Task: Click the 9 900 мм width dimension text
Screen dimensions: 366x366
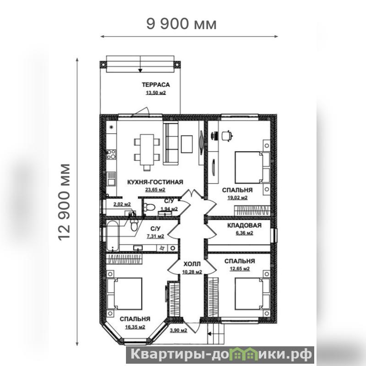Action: tap(181, 24)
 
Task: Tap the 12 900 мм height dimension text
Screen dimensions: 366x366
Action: tap(64, 202)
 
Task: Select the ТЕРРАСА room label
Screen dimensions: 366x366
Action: tap(156, 85)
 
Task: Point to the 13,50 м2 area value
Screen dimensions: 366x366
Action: tap(156, 93)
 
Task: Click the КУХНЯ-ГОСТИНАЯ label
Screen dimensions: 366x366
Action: tap(155, 182)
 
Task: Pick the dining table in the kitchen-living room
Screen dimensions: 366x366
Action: tap(147, 149)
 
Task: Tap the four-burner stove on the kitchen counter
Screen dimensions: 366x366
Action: tap(111, 154)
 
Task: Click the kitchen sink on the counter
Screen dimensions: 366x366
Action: tap(111, 179)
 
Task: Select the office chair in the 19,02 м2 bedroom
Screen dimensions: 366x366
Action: tap(227, 136)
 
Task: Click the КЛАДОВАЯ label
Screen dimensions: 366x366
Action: tap(244, 225)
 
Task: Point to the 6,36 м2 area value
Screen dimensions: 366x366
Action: tap(244, 233)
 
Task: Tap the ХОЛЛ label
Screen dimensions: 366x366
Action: tap(192, 264)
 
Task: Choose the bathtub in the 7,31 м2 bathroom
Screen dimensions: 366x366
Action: tap(113, 236)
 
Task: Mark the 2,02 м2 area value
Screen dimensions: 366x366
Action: tap(122, 204)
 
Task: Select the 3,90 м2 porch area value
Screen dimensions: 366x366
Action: tap(178, 331)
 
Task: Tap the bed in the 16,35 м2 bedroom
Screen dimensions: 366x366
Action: tap(125, 294)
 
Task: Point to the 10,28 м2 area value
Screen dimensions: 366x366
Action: tap(192, 272)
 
